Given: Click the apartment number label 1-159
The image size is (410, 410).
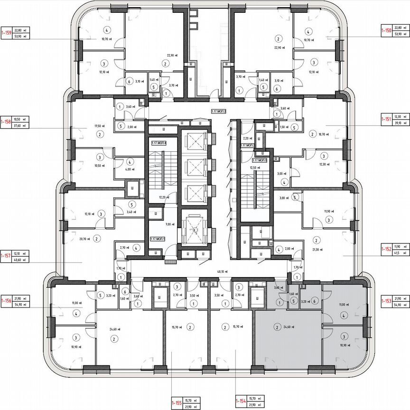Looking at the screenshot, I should point(6,32).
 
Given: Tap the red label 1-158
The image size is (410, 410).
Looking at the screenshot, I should point(6,122).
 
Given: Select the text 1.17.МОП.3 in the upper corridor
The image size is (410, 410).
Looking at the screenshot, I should point(219,111).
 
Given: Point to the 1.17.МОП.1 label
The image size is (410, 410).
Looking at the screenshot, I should point(157,239).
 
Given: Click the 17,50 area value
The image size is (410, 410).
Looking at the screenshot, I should point(99,126).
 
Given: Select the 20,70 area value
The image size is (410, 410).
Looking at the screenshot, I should point(85,239).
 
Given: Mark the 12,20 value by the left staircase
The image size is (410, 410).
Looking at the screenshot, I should point(163,197).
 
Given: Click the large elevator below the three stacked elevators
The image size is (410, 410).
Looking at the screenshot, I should point(195,229).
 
